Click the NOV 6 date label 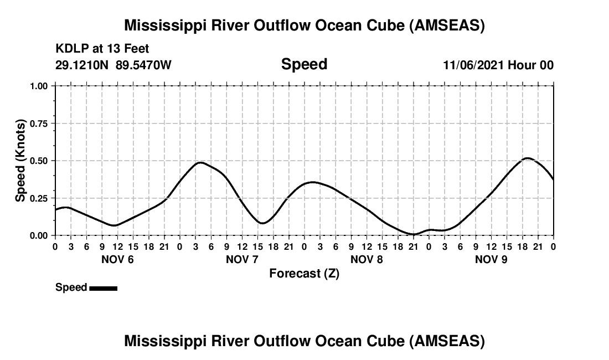click(117, 259)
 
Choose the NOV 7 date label click(242, 259)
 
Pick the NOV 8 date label click(367, 259)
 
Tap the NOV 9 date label click(491, 259)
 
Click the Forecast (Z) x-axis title click(304, 274)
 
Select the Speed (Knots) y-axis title click(20, 161)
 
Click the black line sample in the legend click(103, 288)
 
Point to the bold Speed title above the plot click(304, 64)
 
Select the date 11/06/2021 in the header click(474, 65)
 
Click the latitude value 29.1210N click(83, 65)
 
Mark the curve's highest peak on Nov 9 click(527, 158)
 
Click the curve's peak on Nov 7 click(200, 162)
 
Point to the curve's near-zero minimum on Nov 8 click(413, 234)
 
